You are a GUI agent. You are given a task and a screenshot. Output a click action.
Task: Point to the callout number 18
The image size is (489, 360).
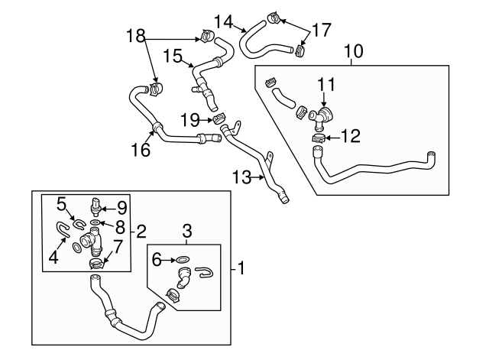point(135,35)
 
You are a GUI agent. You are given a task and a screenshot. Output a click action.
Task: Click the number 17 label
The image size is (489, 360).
point(321,31)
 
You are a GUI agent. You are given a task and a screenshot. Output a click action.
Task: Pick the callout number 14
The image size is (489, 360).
point(223,21)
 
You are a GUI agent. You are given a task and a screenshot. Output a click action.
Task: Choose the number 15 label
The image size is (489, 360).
point(173,56)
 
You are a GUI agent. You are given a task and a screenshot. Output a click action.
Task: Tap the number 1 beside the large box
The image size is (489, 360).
point(241,268)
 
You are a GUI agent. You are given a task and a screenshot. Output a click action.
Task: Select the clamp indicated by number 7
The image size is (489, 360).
point(96,264)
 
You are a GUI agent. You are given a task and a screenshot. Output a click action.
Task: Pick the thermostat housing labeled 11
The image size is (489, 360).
point(322,115)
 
